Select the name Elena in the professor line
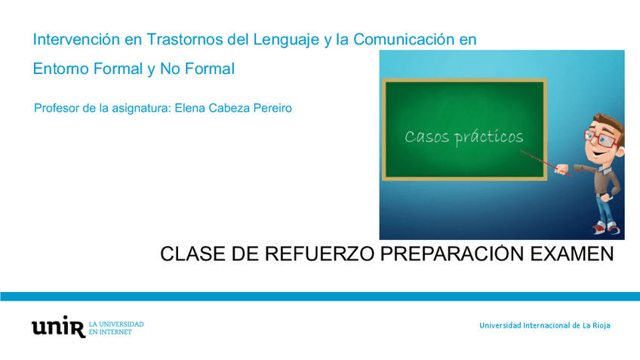coord(190,109)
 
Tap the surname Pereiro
coord(270,109)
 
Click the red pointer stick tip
coord(522,152)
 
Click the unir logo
coord(58,326)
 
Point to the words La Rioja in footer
coord(595,325)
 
